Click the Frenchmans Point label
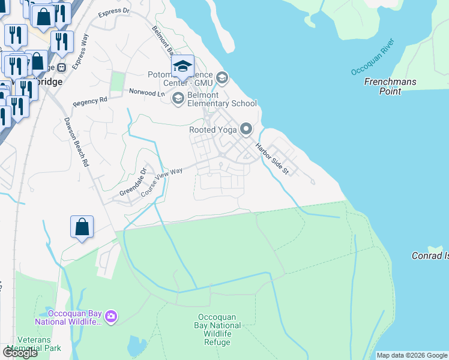coord(390,86)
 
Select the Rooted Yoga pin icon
coord(246,129)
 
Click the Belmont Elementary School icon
coord(178,98)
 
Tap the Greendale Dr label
coord(133,182)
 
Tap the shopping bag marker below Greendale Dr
coord(82,227)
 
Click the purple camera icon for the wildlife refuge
coord(110,316)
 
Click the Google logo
coord(20,353)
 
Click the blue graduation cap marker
coord(182,67)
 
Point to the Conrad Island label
coord(429,256)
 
